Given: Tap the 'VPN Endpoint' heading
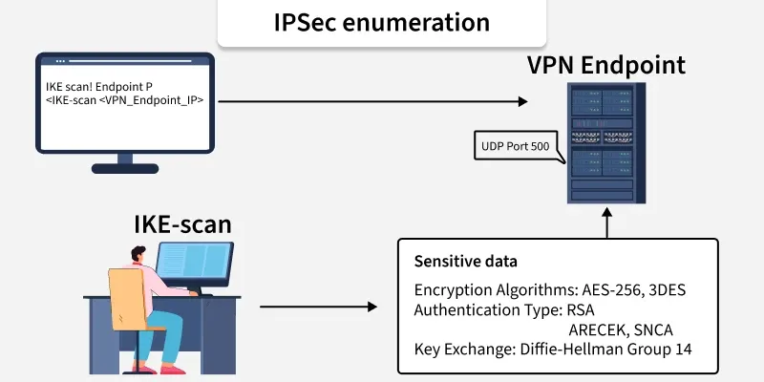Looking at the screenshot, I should pos(606,66).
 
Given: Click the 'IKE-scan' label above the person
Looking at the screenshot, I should pos(181,225).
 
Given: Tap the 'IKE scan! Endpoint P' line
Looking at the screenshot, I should pos(99,86).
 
